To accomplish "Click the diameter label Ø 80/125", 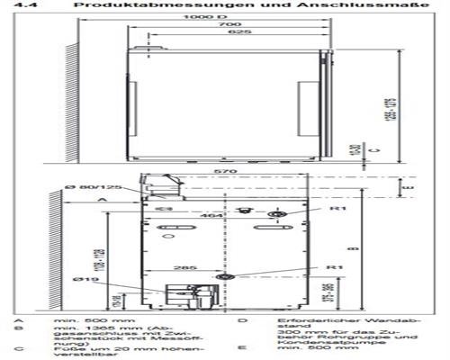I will [x=91, y=185].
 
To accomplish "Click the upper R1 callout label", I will [x=336, y=208].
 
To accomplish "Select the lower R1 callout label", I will [x=334, y=267].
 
